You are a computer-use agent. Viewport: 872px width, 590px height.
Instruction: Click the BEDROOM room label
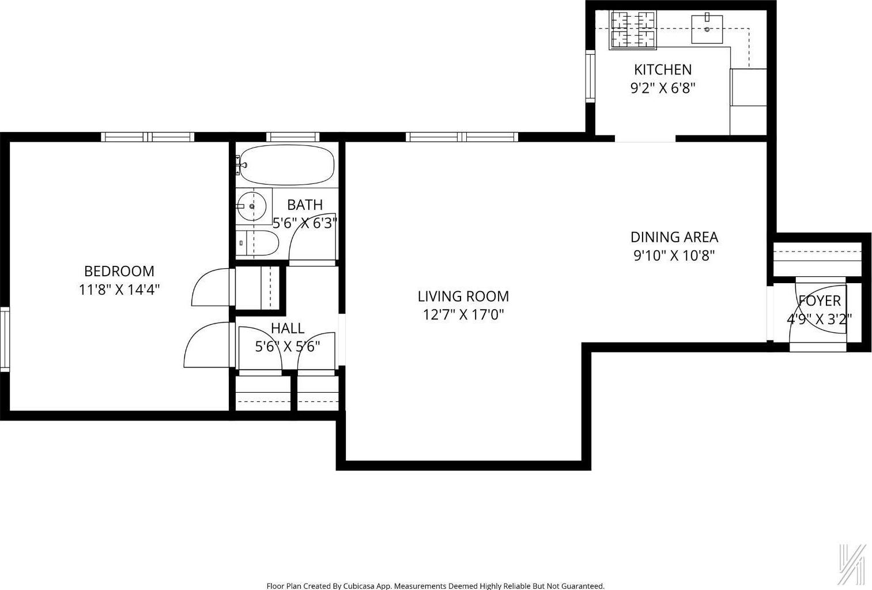pyautogui.click(x=119, y=271)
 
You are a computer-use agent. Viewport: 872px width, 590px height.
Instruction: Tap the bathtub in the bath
pyautogui.click(x=286, y=165)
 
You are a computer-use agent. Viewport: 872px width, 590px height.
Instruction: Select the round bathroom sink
pyautogui.click(x=252, y=206)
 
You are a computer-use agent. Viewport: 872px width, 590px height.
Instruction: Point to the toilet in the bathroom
pyautogui.click(x=258, y=243)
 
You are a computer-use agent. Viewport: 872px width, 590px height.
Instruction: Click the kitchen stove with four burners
pyautogui.click(x=633, y=29)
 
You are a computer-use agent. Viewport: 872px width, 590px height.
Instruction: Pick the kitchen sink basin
pyautogui.click(x=707, y=29)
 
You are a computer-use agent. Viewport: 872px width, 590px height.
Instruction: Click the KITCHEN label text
pyautogui.click(x=663, y=70)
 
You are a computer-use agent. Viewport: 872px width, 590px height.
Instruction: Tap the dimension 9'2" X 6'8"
pyautogui.click(x=663, y=88)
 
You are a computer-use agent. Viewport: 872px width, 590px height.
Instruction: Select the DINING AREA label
pyautogui.click(x=674, y=237)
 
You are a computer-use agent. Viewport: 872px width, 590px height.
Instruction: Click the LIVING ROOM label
pyautogui.click(x=463, y=296)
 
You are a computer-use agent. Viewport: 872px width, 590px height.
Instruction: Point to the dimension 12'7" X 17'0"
pyautogui.click(x=463, y=315)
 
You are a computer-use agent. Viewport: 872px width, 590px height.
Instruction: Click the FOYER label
pyautogui.click(x=819, y=300)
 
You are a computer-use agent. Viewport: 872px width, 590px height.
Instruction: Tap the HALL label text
pyautogui.click(x=287, y=328)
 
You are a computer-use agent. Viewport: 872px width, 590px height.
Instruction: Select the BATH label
pyautogui.click(x=305, y=205)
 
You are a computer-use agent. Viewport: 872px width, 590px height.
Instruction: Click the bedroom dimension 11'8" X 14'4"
pyautogui.click(x=119, y=290)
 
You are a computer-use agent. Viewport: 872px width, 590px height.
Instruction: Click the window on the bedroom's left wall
pyautogui.click(x=5, y=339)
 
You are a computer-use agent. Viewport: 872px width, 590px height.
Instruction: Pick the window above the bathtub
pyautogui.click(x=292, y=137)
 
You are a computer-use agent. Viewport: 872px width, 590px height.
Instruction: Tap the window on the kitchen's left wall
pyautogui.click(x=590, y=76)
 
